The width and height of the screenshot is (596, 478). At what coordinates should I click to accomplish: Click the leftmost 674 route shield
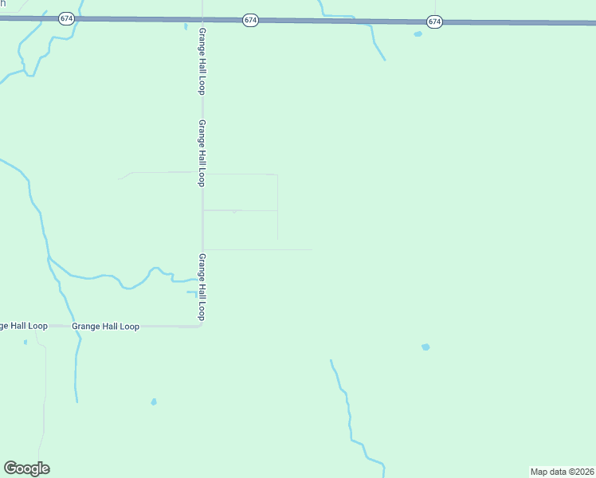coord(66,18)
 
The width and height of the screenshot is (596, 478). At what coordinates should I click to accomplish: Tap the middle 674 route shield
coord(251,19)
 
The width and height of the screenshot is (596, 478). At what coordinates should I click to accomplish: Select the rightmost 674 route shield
coord(433,22)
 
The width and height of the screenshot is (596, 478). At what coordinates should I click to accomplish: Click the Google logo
coord(26,468)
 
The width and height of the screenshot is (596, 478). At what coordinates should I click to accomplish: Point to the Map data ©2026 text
coord(562,471)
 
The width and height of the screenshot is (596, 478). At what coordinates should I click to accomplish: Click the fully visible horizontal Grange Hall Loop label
coord(105,327)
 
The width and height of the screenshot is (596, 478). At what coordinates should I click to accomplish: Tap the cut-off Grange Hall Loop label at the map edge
coord(23,326)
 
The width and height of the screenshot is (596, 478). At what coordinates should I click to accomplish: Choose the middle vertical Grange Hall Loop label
coord(202,154)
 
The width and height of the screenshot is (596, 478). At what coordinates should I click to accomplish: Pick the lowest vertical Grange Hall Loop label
coord(202,287)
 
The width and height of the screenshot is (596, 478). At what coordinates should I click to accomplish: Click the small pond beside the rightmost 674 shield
coord(418,34)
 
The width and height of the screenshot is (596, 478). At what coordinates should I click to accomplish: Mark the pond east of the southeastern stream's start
coord(425,347)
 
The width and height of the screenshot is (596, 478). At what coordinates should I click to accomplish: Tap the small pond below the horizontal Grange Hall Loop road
coord(154,402)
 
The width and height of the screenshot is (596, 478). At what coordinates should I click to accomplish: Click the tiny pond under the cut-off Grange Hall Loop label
coord(25,342)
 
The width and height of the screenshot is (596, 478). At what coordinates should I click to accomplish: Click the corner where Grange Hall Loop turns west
coord(201,325)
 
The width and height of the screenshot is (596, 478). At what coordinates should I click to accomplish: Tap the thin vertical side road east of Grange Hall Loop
coord(277,207)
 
